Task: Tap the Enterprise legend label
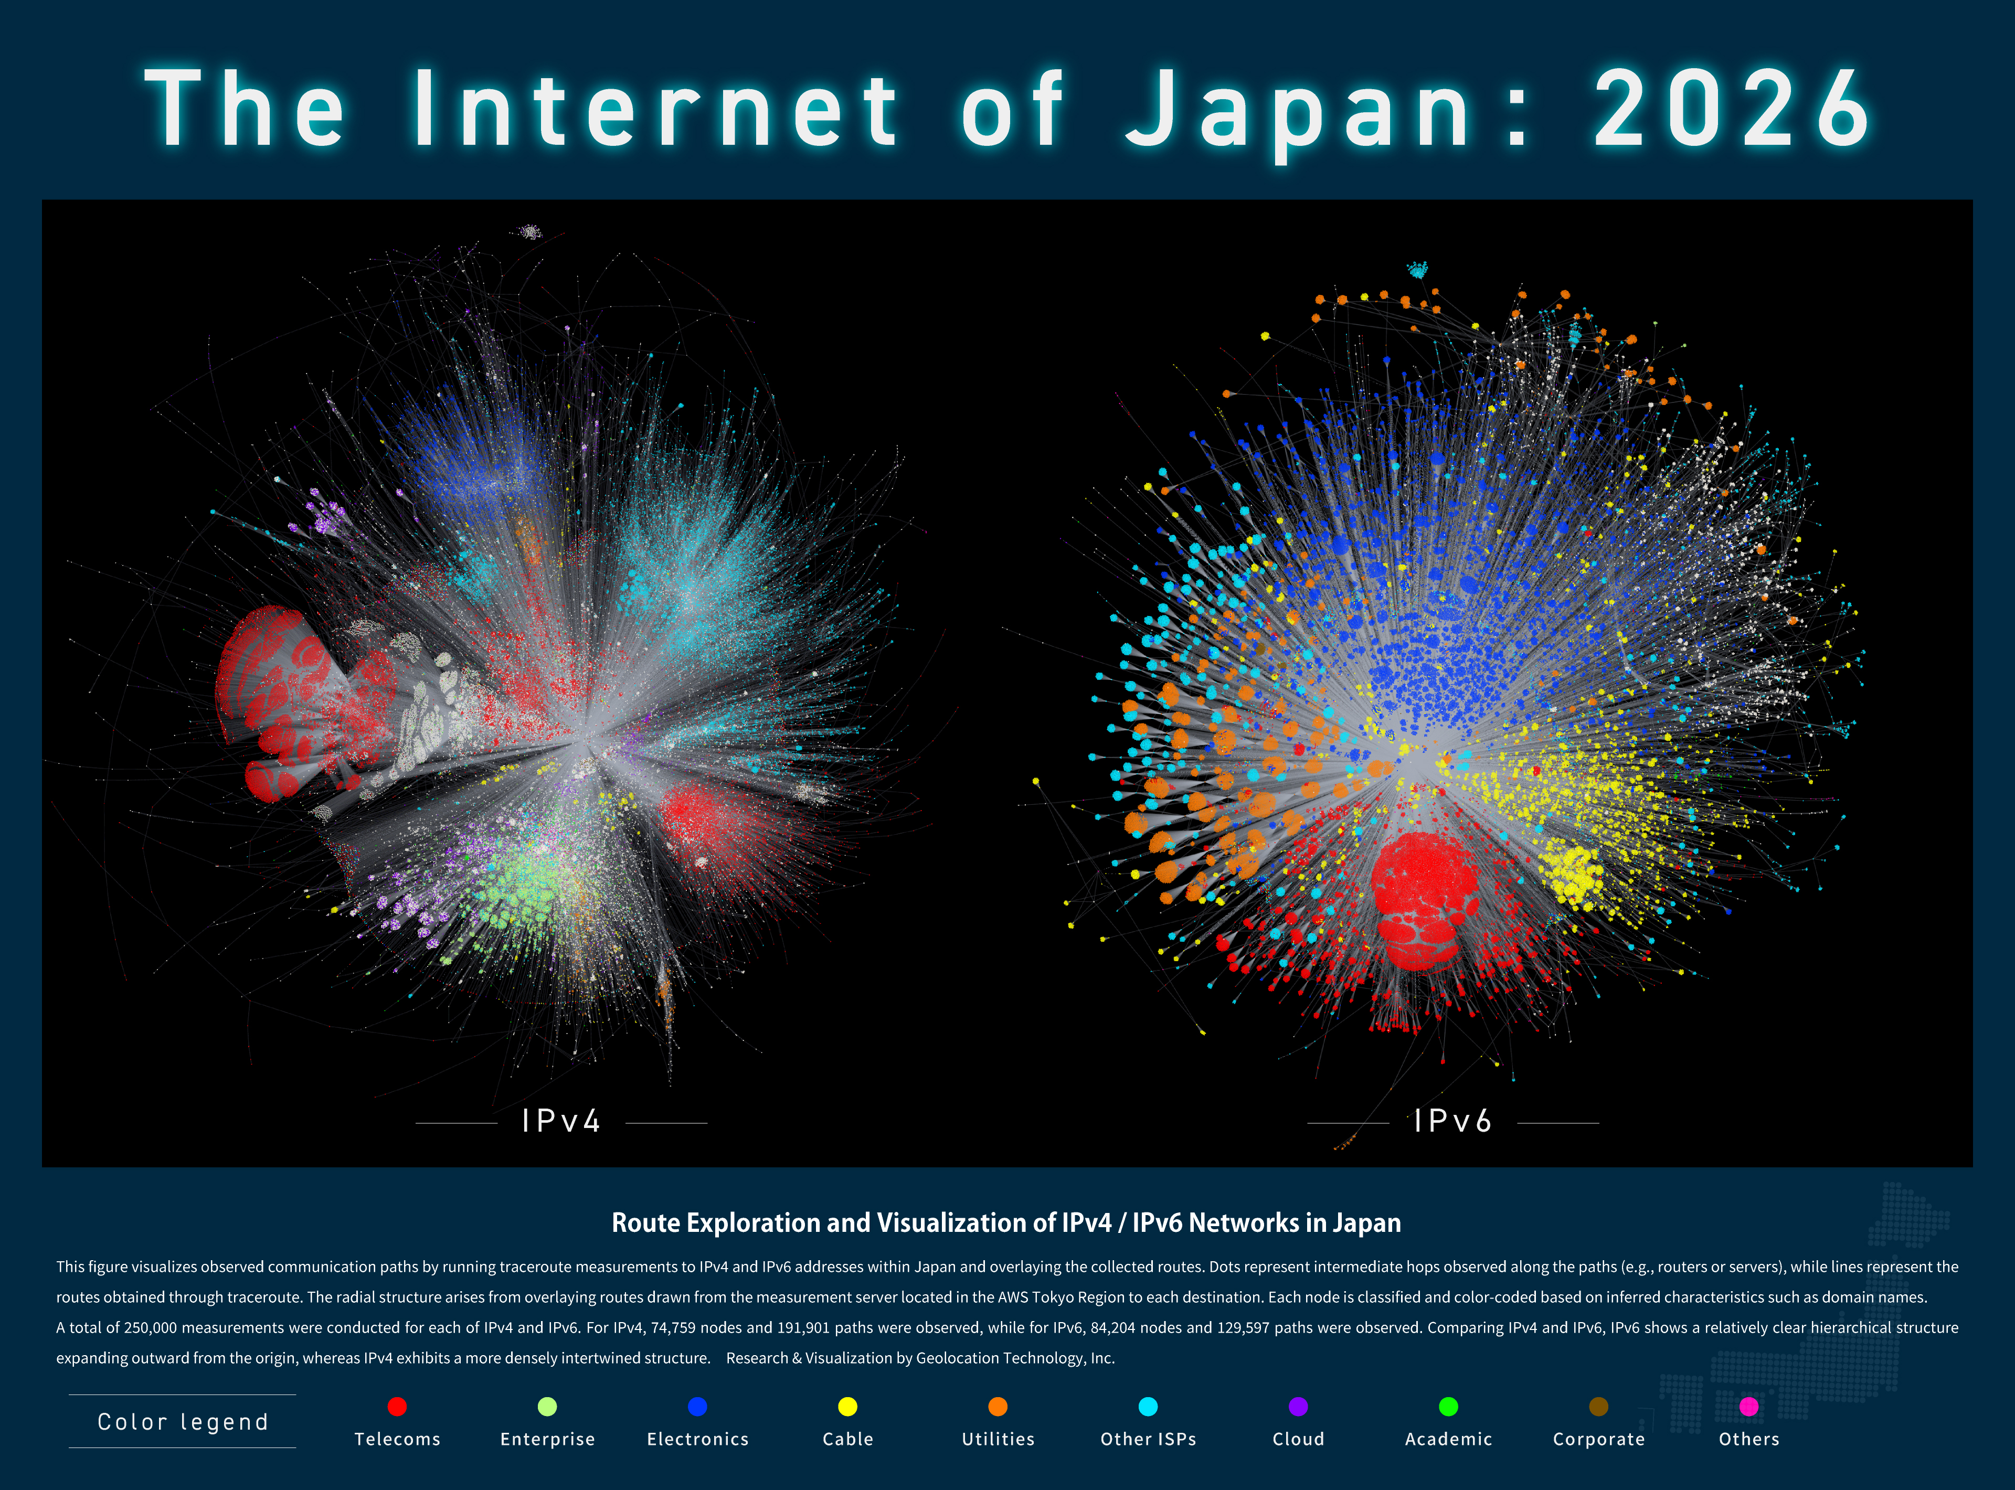(547, 1440)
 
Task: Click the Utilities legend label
(998, 1440)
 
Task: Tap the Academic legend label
(1449, 1440)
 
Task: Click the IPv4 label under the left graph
(561, 1121)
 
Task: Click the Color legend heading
(183, 1422)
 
